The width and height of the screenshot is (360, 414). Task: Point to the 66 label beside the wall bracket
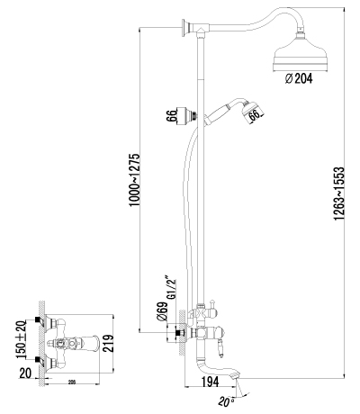click(x=169, y=117)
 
